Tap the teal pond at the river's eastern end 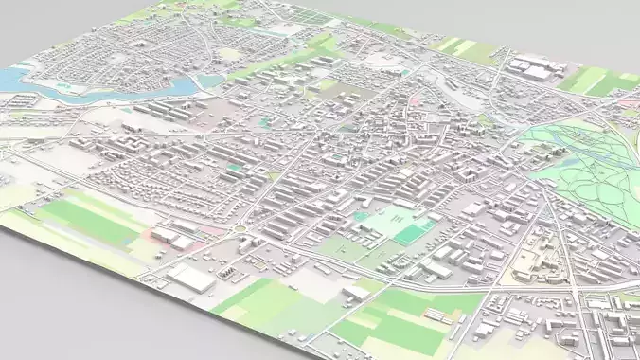(210, 82)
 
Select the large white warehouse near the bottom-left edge (191, 278)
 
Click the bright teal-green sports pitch (409, 233)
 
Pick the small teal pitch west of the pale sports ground (361, 216)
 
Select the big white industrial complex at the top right (535, 68)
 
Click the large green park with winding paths (592, 175)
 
